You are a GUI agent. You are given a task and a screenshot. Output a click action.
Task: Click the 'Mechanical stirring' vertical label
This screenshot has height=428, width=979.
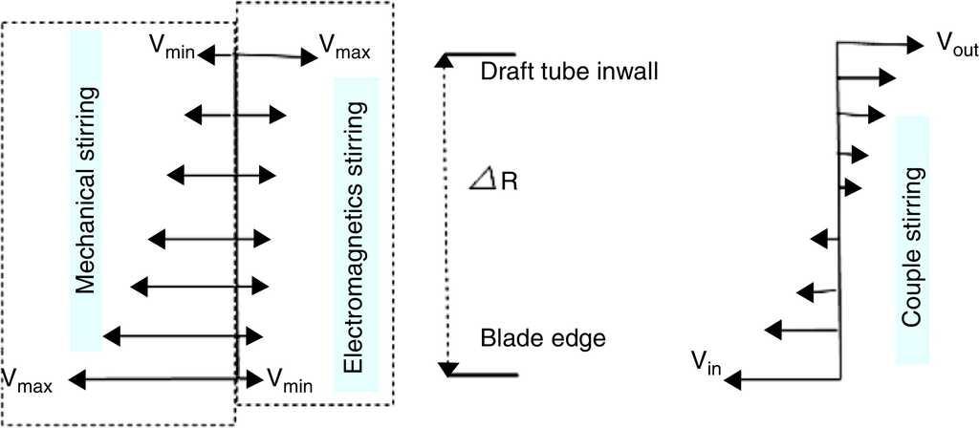[84, 189]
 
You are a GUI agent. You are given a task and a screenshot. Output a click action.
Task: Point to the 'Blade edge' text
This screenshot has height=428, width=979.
[543, 338]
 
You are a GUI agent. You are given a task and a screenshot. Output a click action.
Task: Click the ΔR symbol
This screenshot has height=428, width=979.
[492, 179]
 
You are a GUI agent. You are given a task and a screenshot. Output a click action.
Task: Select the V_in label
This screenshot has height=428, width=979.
[707, 361]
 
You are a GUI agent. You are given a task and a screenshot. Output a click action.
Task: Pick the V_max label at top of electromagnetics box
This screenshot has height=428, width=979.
[345, 47]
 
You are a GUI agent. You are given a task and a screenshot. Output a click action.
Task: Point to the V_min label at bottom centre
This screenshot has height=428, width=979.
[288, 379]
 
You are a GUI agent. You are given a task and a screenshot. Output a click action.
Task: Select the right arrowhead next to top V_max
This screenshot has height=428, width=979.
[308, 56]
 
